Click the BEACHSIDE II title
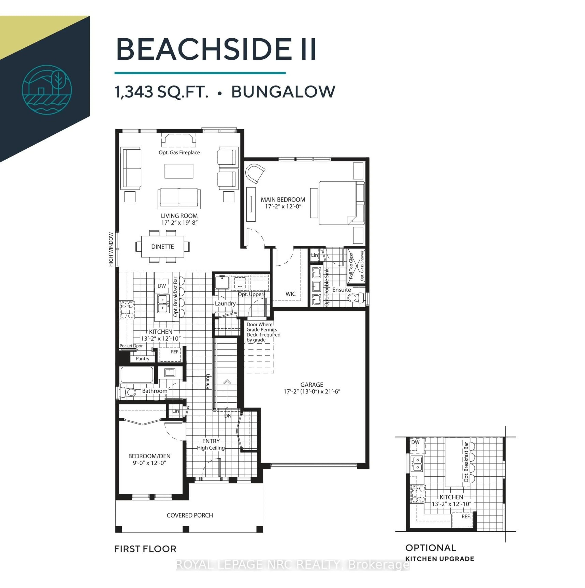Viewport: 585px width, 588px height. (216, 49)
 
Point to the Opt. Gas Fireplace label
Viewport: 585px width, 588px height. (179, 152)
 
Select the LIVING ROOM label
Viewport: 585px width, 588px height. (179, 216)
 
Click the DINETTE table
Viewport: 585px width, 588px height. (163, 246)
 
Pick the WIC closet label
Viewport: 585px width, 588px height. (290, 294)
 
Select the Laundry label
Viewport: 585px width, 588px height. (225, 303)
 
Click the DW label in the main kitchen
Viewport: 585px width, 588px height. (162, 286)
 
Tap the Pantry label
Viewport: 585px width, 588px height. (143, 359)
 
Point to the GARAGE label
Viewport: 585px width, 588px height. (312, 385)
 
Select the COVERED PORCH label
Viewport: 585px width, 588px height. (190, 515)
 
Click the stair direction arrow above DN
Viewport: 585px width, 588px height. (227, 382)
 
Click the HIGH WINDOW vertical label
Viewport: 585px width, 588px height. (111, 250)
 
